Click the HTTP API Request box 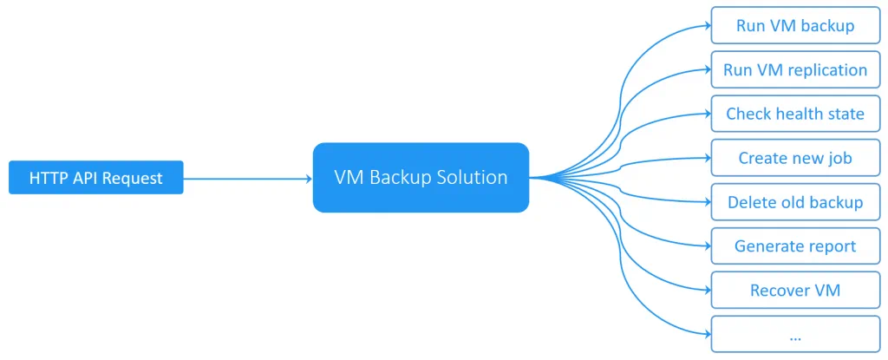click(95, 178)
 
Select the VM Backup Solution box click(421, 178)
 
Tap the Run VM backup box click(794, 25)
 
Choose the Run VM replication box click(794, 69)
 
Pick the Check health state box click(794, 114)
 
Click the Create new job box click(794, 158)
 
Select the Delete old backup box click(794, 202)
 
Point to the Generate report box click(794, 246)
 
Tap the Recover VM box click(794, 290)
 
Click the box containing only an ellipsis click(794, 334)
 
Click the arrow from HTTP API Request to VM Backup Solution click(247, 179)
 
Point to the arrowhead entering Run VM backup click(706, 25)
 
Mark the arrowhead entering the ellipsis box click(706, 334)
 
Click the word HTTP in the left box click(48, 178)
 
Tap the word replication click(825, 69)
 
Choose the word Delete click(750, 202)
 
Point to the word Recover click(779, 290)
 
